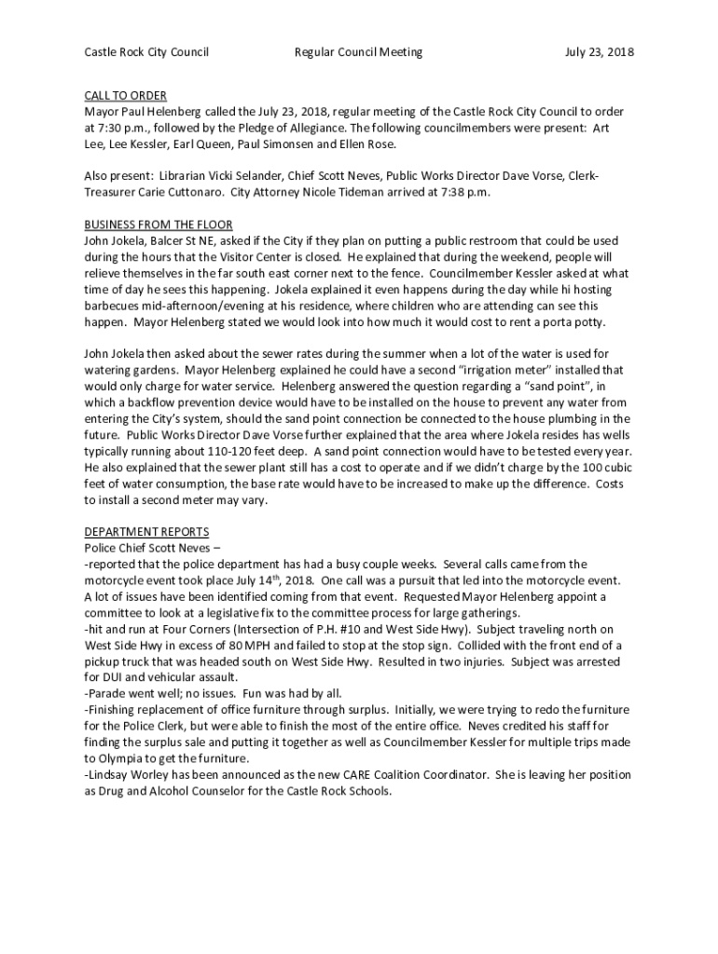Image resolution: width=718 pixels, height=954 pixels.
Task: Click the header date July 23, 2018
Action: pos(599,52)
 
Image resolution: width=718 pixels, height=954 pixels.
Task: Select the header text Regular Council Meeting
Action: pos(358,52)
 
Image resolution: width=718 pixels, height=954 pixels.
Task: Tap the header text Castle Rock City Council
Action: pos(146,52)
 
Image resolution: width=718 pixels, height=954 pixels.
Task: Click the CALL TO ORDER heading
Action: pos(125,95)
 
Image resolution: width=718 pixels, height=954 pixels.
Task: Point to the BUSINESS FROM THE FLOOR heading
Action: pos(158,225)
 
